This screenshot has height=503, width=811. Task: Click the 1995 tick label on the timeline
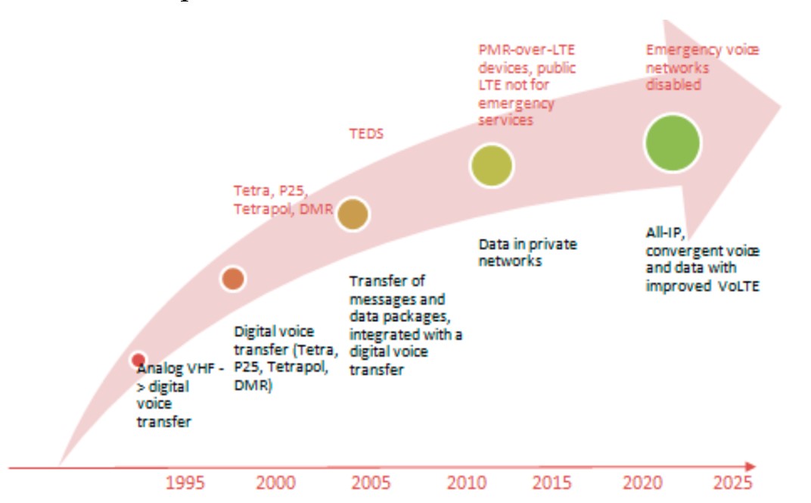185,483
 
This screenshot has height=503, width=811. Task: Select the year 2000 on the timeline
275,483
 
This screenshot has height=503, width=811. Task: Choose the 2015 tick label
552,483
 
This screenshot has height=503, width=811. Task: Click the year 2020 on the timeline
642,483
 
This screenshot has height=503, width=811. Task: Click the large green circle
673,142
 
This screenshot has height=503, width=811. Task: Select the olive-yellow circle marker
492,165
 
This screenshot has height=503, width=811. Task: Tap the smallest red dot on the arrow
138,360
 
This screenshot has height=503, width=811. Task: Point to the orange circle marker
233,279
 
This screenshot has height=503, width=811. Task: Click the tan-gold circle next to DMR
352,214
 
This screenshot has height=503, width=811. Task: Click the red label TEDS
366,134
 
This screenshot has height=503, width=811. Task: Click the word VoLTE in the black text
738,286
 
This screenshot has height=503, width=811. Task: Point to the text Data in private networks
527,253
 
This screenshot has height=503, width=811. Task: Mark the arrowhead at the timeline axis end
750,467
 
